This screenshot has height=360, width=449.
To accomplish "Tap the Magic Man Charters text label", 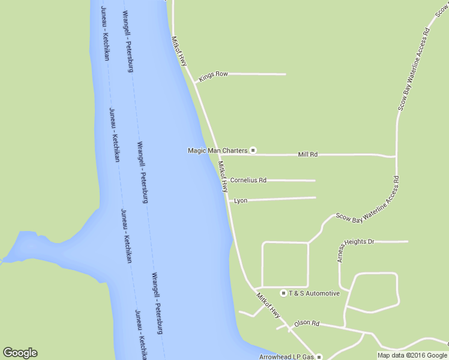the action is point(217,151).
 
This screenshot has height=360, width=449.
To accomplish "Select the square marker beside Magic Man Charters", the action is point(253,151).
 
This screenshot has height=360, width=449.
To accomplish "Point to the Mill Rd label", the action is point(307,155).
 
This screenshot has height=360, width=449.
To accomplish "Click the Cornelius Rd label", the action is point(248,180).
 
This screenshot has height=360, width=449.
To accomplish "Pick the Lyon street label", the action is point(241,200).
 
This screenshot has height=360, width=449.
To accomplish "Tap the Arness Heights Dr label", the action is point(355,245).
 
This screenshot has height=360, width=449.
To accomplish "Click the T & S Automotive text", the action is point(314,293).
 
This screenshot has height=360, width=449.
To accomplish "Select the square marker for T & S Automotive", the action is point(284,293).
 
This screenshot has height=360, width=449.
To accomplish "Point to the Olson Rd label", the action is point(306,323).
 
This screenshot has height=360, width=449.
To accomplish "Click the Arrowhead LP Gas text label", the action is point(286,357).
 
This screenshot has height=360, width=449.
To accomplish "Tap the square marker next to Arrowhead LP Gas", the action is point(319,357).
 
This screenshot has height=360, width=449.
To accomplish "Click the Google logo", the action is point(20,353).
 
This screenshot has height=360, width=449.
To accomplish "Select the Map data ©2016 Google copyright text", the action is point(413,355).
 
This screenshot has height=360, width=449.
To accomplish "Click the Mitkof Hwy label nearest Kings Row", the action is point(179,52).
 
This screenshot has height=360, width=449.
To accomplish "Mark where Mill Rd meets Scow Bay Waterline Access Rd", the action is point(396,156).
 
